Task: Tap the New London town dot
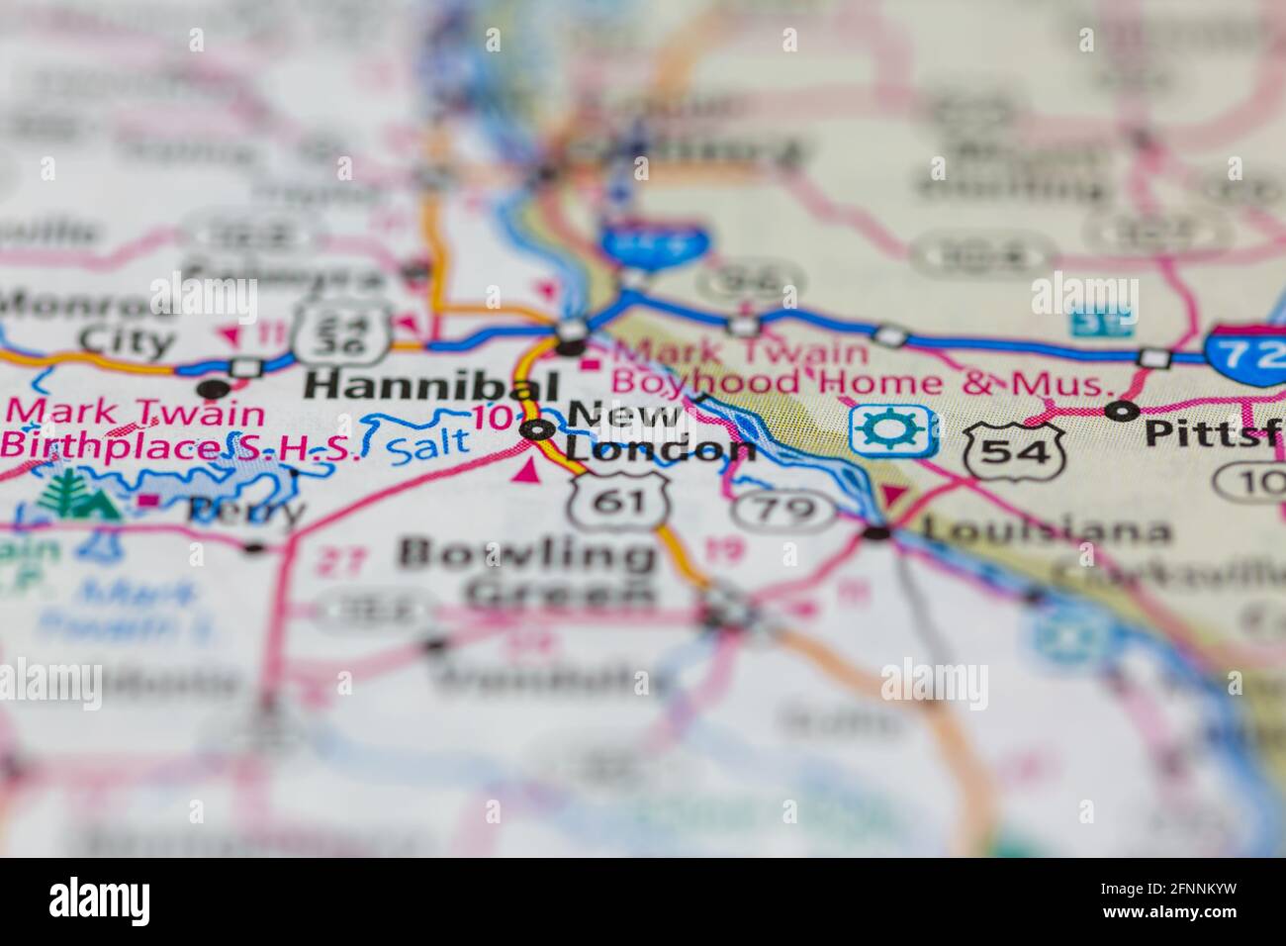[538, 429]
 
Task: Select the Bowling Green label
[526, 573]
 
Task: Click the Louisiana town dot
[877, 533]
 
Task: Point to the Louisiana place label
[1046, 532]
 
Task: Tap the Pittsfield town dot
[1121, 410]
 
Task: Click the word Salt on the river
[428, 440]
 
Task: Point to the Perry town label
[246, 511]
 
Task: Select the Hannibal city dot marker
[571, 345]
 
